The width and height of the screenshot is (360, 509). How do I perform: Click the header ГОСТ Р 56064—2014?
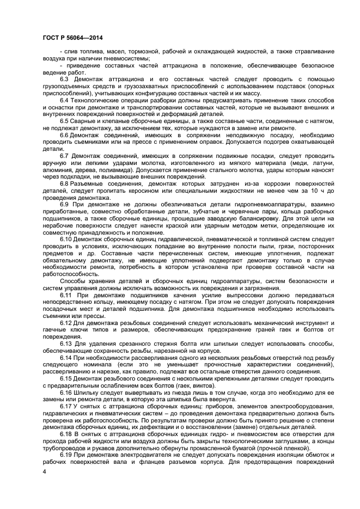click(x=73, y=38)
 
